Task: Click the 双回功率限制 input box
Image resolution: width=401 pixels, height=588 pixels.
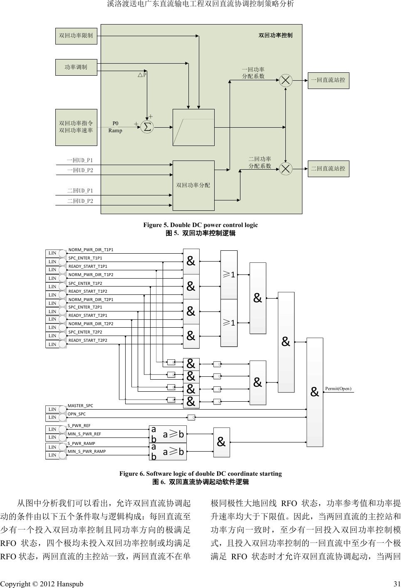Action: (x=76, y=36)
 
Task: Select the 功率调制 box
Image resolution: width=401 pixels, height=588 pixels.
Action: (x=76, y=67)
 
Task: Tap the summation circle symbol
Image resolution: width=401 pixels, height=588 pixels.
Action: (x=147, y=126)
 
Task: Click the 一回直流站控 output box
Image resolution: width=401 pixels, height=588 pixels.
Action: (x=328, y=80)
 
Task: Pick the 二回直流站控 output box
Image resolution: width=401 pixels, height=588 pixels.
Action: (x=328, y=169)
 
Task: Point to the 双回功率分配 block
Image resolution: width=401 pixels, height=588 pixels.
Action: (x=193, y=185)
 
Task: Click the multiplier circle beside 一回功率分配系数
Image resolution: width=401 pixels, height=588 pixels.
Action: (x=285, y=80)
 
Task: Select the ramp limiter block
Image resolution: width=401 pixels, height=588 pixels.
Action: (x=193, y=127)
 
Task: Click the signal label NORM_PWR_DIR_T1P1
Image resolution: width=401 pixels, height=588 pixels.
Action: (x=91, y=250)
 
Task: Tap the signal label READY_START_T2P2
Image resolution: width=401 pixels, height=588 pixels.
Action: (x=88, y=341)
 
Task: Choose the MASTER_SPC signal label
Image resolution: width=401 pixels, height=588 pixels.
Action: (x=80, y=405)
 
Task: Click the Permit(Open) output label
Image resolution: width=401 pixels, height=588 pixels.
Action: (x=338, y=389)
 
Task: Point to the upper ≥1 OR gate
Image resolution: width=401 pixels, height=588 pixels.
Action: (x=229, y=274)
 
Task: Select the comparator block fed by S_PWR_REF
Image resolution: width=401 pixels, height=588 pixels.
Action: (x=168, y=434)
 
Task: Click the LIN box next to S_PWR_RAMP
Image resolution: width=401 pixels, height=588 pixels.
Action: (x=52, y=447)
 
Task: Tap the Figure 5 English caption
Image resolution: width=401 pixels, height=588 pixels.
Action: (x=200, y=225)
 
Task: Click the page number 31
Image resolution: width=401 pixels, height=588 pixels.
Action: (x=396, y=584)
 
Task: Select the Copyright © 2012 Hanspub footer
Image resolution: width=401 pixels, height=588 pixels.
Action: (x=42, y=584)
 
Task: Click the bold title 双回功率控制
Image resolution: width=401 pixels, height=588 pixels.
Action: (x=275, y=35)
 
